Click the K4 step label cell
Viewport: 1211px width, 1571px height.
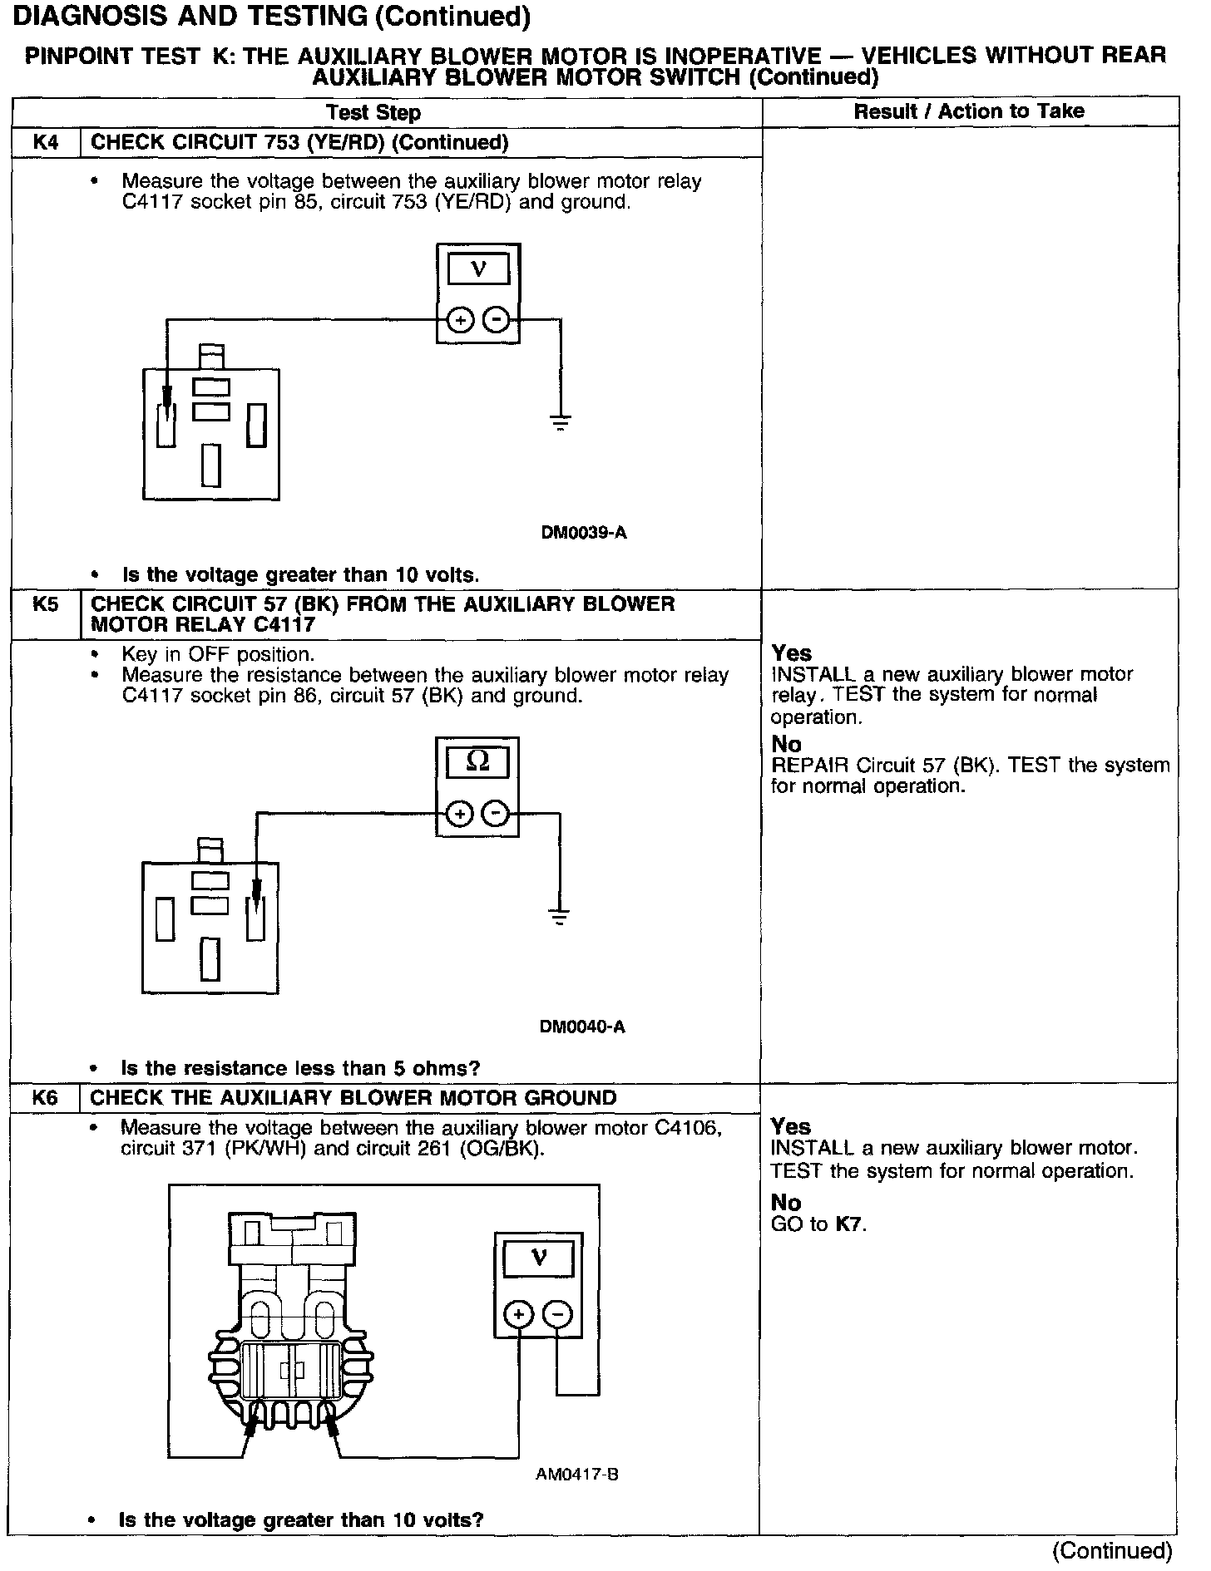pyautogui.click(x=46, y=142)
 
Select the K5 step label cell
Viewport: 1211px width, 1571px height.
pyautogui.click(x=46, y=604)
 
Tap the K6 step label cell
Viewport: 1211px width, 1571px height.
pyautogui.click(x=46, y=1098)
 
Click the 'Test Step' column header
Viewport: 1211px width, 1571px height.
pyautogui.click(x=373, y=112)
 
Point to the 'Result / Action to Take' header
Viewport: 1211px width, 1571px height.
pyautogui.click(x=969, y=111)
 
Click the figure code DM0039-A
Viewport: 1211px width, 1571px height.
pyautogui.click(x=584, y=533)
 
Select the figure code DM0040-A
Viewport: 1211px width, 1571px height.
pyautogui.click(x=582, y=1027)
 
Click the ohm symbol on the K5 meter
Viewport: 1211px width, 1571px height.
pyautogui.click(x=477, y=761)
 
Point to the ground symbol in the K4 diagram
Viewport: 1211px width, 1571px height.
pyautogui.click(x=561, y=421)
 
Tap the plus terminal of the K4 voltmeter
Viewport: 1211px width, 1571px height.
pyautogui.click(x=460, y=320)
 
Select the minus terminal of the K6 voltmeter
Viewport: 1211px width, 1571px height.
pyautogui.click(x=557, y=1314)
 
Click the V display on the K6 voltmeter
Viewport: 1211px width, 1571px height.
pyautogui.click(x=538, y=1258)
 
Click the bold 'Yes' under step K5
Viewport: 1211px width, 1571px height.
pyautogui.click(x=791, y=653)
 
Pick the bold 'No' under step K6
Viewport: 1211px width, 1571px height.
pyautogui.click(x=785, y=1203)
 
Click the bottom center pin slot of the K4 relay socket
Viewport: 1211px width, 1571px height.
pyautogui.click(x=211, y=465)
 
